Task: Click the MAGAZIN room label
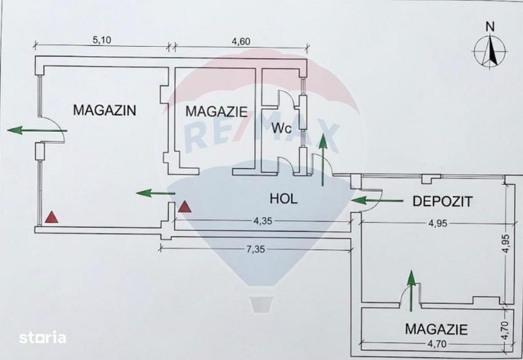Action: point(104,110)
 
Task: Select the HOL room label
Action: point(283,199)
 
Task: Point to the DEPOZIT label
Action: point(442,201)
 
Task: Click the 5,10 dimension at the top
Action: point(102,40)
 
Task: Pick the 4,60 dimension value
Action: point(241,42)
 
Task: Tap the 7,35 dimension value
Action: point(255,249)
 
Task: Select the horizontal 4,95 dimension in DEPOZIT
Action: point(437,223)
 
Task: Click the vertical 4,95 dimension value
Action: point(506,244)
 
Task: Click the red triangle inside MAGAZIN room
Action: point(52,217)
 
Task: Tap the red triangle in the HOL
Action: point(184,207)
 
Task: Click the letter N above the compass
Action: point(490,27)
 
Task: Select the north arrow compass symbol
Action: point(490,51)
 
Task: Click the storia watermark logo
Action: point(42,338)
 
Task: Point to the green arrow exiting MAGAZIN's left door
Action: point(37,130)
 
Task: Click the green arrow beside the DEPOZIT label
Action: point(377,201)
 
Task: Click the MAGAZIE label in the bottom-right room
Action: point(436,329)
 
